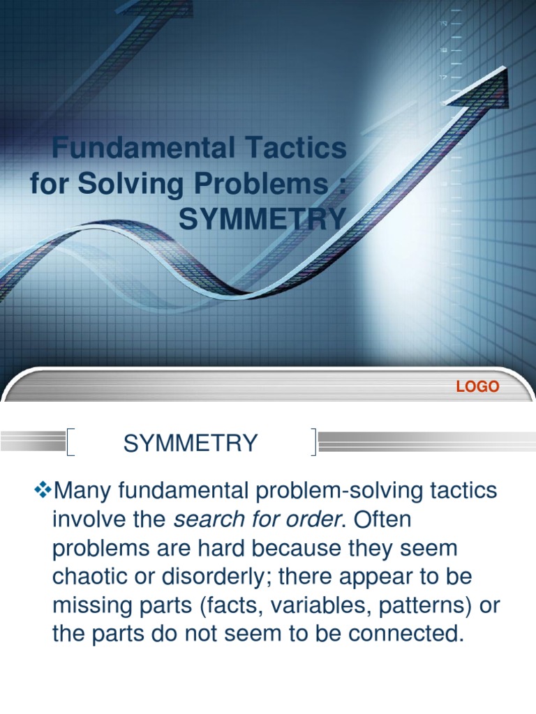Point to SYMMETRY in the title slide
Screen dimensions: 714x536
click(x=262, y=220)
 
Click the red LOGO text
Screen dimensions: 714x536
click(x=477, y=386)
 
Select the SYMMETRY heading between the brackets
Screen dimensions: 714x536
click(x=191, y=443)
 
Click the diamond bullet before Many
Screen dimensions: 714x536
click(x=44, y=491)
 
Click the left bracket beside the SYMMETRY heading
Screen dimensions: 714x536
click(x=70, y=443)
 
